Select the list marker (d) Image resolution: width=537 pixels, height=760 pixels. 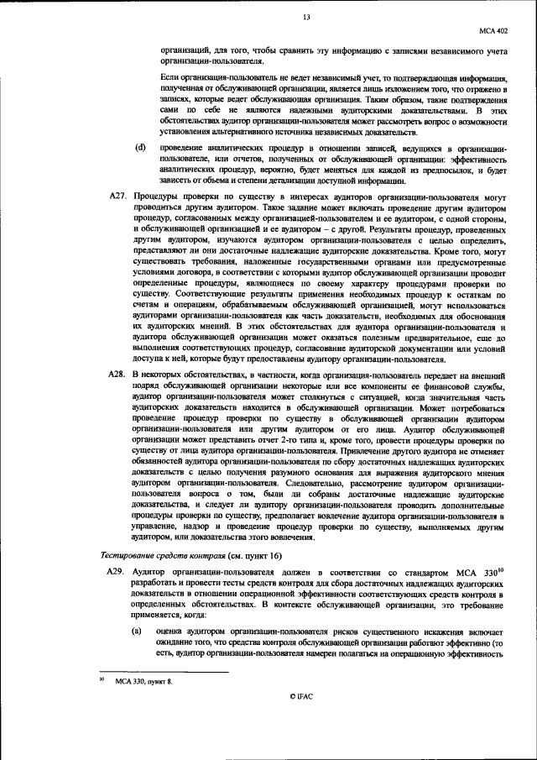coord(140,149)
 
